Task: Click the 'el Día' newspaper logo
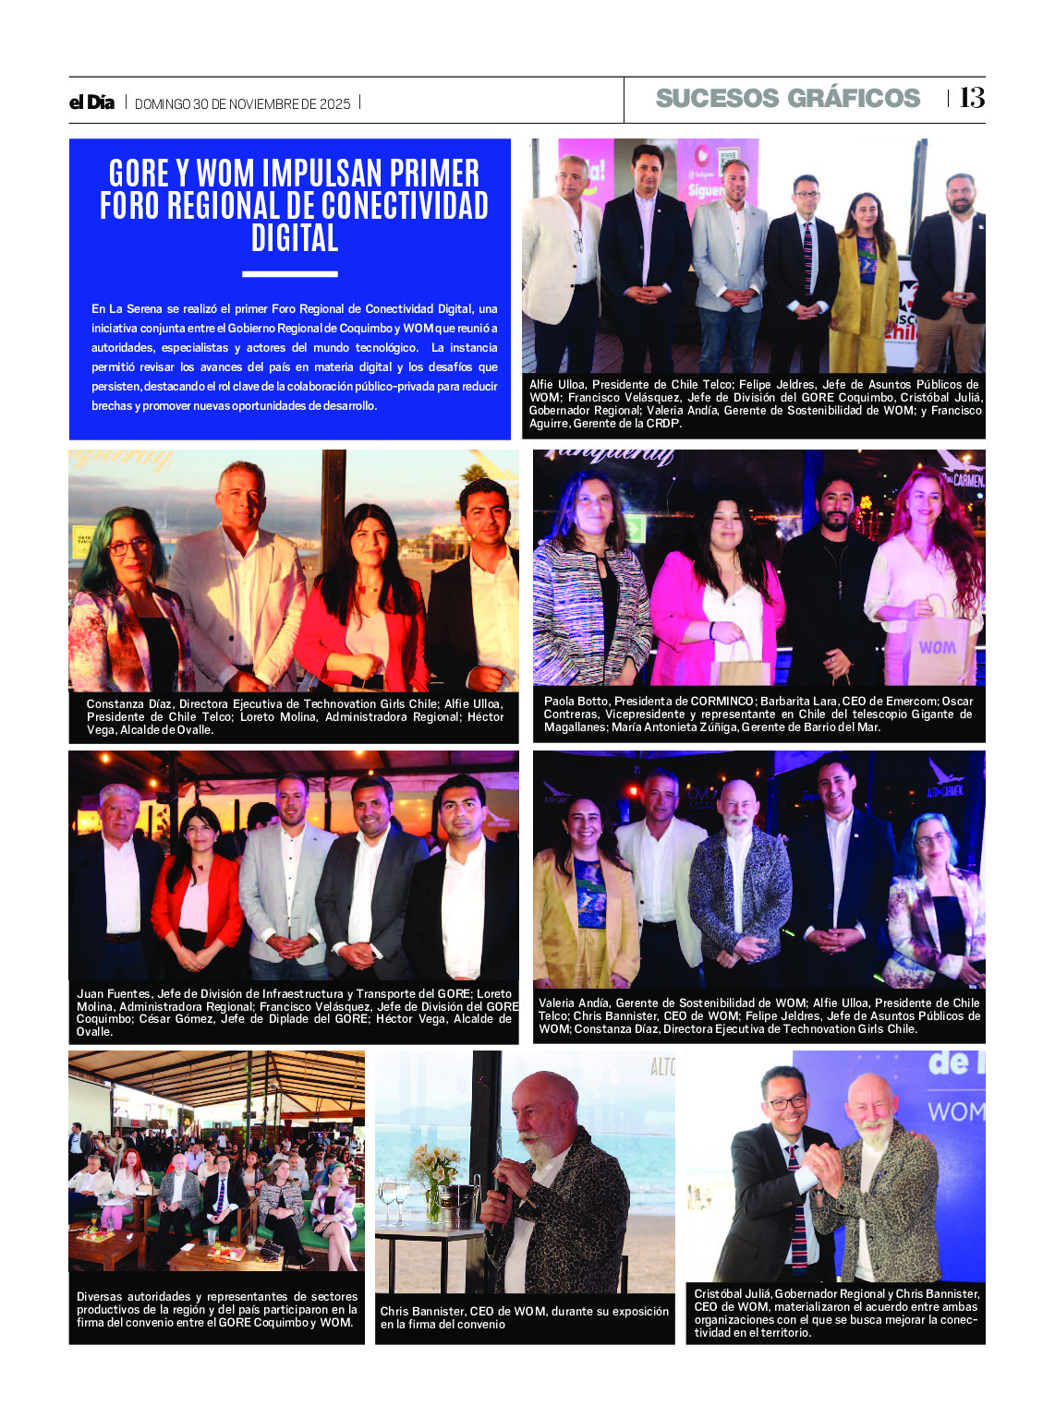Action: point(91,102)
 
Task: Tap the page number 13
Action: point(972,98)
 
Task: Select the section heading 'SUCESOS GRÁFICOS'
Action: point(787,99)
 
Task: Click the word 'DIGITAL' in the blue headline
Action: point(295,238)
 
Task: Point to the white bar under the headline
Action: point(289,274)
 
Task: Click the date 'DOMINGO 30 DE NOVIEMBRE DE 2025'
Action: point(242,104)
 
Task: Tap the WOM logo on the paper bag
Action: point(937,647)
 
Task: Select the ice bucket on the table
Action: point(456,1206)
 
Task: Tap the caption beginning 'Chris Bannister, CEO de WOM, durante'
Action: point(524,1317)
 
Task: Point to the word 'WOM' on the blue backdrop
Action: point(955,1111)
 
